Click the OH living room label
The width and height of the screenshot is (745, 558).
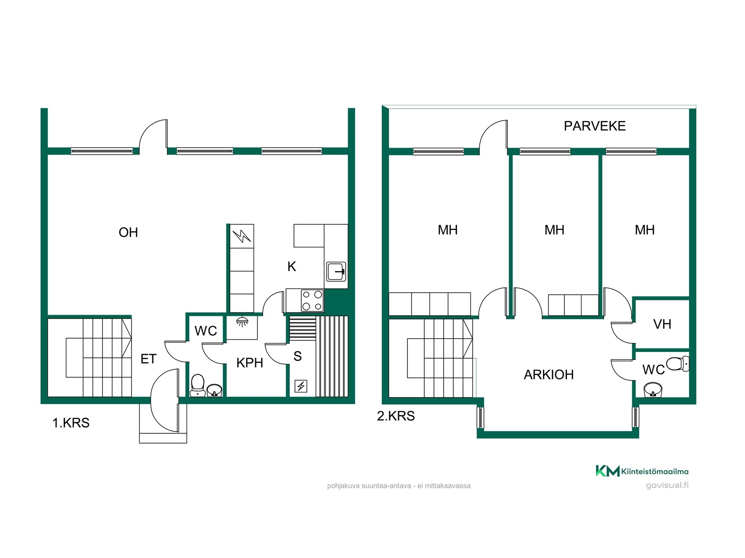tap(128, 232)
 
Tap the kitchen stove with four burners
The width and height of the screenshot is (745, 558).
tap(312, 300)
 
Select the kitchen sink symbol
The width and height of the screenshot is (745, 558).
tap(336, 271)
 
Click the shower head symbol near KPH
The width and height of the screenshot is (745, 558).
tap(242, 322)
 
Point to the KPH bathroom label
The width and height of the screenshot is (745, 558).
tap(249, 363)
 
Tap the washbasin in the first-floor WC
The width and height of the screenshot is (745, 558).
tap(214, 390)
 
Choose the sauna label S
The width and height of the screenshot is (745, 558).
tap(298, 356)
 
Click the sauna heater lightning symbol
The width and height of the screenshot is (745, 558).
tap(301, 386)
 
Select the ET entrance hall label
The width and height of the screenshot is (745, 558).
tap(148, 359)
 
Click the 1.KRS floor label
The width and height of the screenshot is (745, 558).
tap(71, 423)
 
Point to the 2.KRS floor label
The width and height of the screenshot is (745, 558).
tap(396, 416)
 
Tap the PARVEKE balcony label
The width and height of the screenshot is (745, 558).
tap(594, 126)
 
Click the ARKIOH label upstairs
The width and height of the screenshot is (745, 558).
tap(549, 375)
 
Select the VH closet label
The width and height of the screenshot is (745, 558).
tap(662, 324)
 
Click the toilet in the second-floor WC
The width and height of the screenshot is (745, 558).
tap(677, 364)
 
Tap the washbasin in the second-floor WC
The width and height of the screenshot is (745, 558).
tap(653, 390)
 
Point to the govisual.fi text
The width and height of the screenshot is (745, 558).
tap(667, 485)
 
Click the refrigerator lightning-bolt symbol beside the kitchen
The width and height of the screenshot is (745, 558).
tap(242, 236)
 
